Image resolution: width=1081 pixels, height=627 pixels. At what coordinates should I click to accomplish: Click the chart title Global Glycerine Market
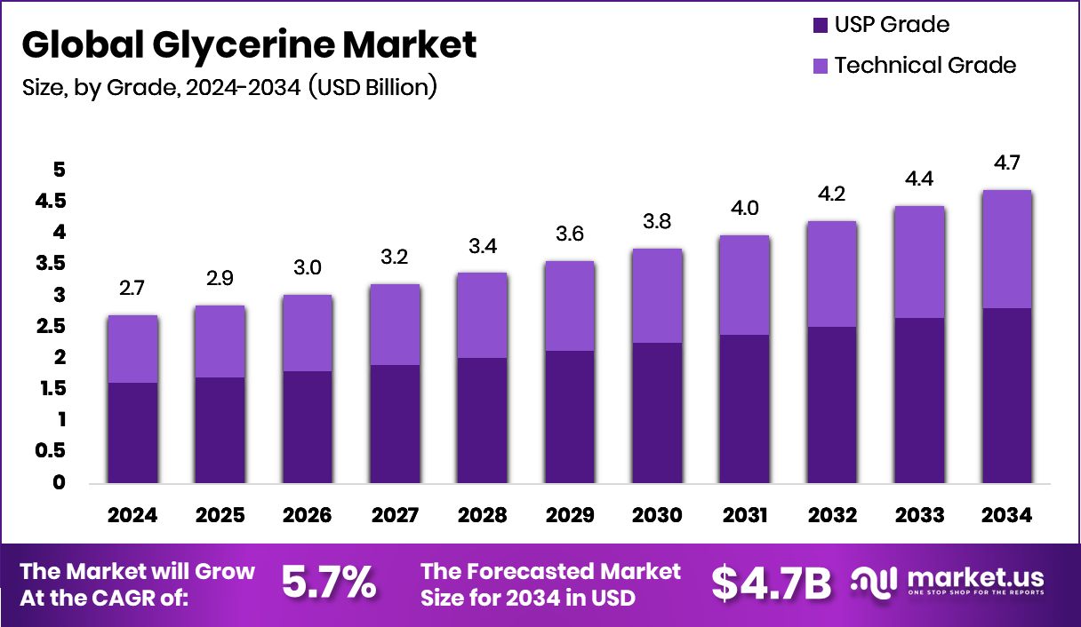248,44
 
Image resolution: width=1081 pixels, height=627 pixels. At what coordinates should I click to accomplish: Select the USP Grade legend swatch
819,25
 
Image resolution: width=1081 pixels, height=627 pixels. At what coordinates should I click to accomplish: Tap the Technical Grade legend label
925,65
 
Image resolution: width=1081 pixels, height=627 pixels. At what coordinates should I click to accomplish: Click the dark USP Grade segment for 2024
132,433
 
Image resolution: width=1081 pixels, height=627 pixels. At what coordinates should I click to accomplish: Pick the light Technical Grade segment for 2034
1006,250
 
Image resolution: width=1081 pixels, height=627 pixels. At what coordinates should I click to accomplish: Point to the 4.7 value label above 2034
1007,163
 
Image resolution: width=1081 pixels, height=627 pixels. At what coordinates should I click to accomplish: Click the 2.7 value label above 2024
132,288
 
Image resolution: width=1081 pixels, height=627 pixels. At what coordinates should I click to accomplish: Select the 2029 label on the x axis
569,516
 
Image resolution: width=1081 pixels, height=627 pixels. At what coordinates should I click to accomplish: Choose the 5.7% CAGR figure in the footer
328,583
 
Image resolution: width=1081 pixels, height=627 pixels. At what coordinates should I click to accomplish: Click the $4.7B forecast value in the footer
771,583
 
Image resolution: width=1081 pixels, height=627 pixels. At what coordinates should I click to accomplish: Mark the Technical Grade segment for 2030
657,296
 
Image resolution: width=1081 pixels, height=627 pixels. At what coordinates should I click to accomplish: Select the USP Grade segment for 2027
395,425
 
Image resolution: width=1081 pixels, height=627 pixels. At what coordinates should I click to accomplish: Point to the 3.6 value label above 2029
570,234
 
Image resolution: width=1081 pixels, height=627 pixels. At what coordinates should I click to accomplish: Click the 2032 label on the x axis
831,516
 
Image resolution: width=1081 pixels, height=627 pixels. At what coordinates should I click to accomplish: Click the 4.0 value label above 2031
744,208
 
